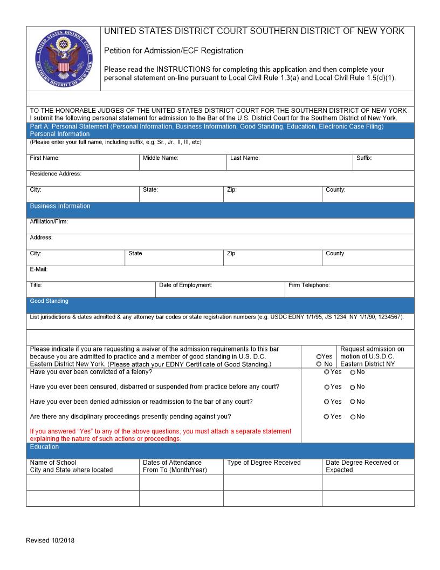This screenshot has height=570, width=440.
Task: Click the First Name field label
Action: [x=44, y=158]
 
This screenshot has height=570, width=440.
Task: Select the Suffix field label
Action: [x=364, y=158]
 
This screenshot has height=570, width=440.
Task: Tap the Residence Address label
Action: [x=55, y=174]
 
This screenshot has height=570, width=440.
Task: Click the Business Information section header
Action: [x=60, y=206]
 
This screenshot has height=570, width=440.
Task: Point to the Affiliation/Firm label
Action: [x=49, y=221]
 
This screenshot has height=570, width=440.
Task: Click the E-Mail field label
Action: [x=39, y=269]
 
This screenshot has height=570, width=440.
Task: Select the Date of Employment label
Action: [x=185, y=285]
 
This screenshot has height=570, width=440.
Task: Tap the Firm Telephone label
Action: [x=309, y=285]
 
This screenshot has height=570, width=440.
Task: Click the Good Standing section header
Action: [x=49, y=301]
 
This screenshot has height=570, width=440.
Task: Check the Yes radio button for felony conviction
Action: [x=327, y=372]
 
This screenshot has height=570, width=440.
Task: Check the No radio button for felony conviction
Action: [x=353, y=372]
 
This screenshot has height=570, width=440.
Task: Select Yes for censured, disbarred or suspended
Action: [x=327, y=387]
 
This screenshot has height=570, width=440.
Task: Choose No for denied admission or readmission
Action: [x=353, y=402]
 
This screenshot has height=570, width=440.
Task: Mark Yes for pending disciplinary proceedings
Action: [x=327, y=417]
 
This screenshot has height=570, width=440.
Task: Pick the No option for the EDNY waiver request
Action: [x=319, y=364]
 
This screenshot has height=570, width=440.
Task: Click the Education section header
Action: [x=44, y=447]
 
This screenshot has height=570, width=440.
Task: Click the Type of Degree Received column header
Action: [x=264, y=463]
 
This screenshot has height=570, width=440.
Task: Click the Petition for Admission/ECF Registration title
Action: [x=173, y=51]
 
